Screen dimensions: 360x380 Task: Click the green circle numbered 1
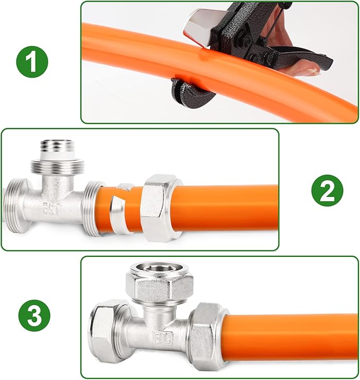pyautogui.click(x=32, y=62)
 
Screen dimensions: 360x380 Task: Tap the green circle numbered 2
pyautogui.click(x=327, y=191)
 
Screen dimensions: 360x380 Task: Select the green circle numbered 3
pyautogui.click(x=34, y=316)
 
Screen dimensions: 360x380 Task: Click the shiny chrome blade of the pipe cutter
pyautogui.click(x=198, y=27)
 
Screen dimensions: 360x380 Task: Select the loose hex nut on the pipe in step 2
pyautogui.click(x=162, y=208)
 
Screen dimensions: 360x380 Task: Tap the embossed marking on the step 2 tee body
pyautogui.click(x=52, y=208)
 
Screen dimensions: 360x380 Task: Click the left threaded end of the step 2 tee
pyautogui.click(x=16, y=206)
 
